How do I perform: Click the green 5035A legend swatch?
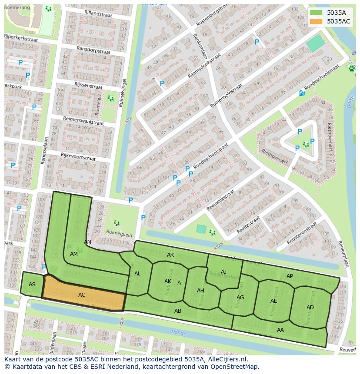[x=316, y=12]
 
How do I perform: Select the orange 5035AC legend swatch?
[x=316, y=21]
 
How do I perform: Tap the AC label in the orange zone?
[x=82, y=295]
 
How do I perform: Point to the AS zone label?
[x=32, y=285]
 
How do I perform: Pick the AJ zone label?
[x=223, y=272]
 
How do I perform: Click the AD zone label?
[x=310, y=308]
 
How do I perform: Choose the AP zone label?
[x=290, y=276]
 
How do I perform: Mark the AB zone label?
[x=178, y=311]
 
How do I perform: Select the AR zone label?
[x=170, y=255]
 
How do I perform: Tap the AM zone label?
[x=74, y=254]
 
